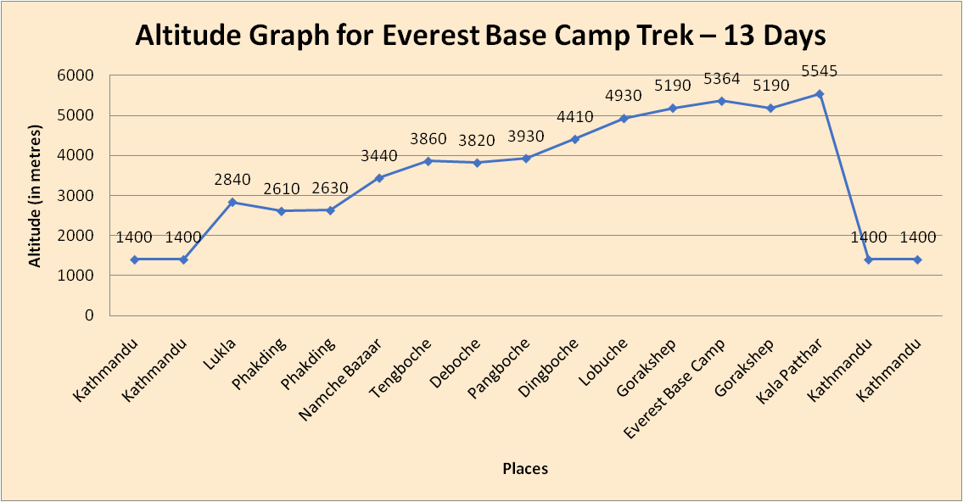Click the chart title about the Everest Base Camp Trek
click(x=481, y=36)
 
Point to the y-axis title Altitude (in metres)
click(x=35, y=196)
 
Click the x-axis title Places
click(x=525, y=468)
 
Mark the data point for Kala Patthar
click(x=820, y=93)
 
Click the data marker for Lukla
click(x=232, y=202)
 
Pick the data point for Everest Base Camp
click(x=721, y=101)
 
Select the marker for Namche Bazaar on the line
click(x=379, y=178)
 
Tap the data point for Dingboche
click(x=574, y=139)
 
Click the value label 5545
click(x=820, y=72)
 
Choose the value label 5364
click(x=721, y=79)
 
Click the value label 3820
click(x=477, y=141)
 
